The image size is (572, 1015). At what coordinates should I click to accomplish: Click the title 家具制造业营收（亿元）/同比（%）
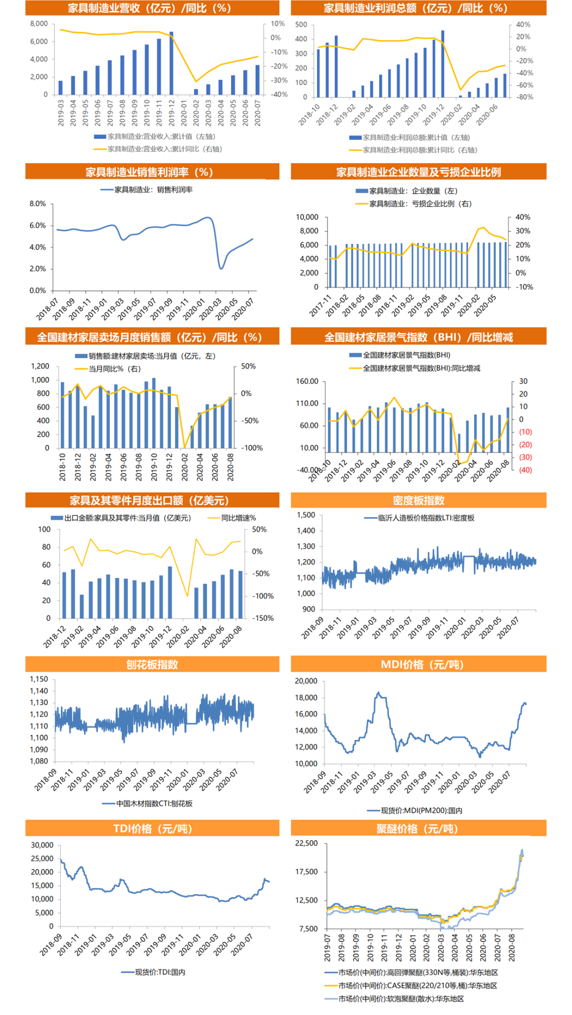click(x=152, y=8)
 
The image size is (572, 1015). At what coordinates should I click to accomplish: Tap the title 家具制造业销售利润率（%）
click(x=152, y=172)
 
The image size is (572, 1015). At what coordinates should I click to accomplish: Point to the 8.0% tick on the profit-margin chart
click(x=38, y=204)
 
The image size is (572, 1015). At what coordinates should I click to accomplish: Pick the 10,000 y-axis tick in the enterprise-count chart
click(x=307, y=217)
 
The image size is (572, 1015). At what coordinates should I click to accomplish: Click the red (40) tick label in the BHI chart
click(x=525, y=470)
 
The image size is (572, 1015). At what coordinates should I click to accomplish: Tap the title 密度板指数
click(x=418, y=501)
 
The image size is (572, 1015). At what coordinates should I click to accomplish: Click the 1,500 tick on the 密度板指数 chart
click(x=306, y=515)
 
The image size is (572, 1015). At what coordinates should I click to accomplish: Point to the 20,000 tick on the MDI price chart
click(x=306, y=681)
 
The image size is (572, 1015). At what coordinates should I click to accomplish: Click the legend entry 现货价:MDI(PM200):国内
click(x=422, y=811)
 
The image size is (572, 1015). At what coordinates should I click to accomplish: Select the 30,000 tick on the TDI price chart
click(x=42, y=845)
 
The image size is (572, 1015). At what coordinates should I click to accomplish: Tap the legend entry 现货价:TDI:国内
click(x=160, y=972)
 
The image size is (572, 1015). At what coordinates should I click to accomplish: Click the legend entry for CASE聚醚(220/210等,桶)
click(x=417, y=985)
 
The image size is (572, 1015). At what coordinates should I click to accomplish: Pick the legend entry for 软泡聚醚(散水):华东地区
click(x=401, y=999)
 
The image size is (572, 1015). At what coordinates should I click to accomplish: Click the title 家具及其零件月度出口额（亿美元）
click(x=152, y=501)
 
